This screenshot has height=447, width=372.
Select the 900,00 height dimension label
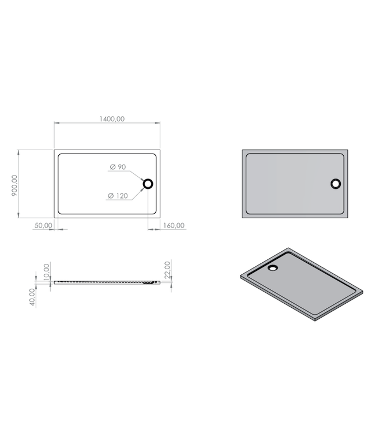(14, 186)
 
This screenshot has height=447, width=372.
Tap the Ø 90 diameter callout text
(118, 167)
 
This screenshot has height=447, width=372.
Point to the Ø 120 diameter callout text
(118, 196)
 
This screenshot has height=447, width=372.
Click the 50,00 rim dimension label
(43, 226)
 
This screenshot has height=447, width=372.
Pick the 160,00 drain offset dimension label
(173, 226)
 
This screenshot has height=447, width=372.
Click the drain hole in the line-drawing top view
(148, 184)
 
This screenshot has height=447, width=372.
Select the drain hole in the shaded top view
(336, 184)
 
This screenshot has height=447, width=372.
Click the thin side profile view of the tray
(107, 282)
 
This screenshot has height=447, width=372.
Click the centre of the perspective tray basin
(300, 283)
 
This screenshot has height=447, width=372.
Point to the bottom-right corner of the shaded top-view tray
(350, 218)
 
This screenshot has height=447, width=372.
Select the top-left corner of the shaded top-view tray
(241, 150)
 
